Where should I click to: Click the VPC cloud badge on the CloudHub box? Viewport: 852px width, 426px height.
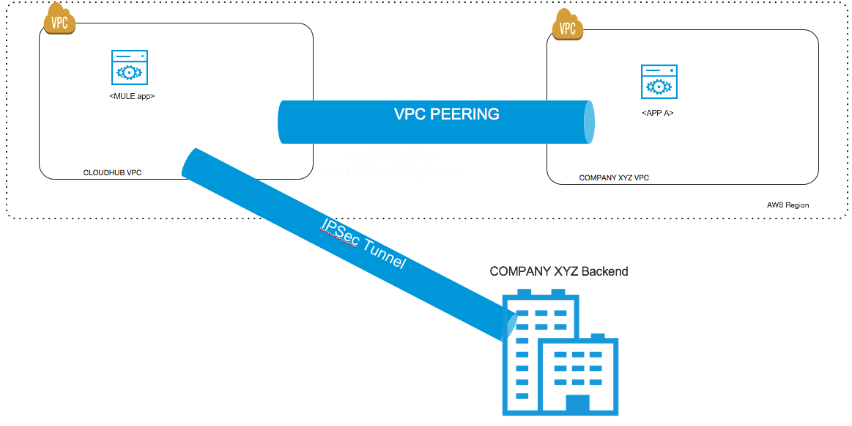point(59,21)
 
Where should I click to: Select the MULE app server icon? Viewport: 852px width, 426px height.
point(129,70)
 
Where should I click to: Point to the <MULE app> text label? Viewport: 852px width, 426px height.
point(131,96)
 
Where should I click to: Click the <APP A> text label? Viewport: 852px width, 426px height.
point(657,114)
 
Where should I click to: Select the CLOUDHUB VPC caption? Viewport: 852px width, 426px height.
point(112,173)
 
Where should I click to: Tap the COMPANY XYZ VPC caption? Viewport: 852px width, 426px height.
point(614,177)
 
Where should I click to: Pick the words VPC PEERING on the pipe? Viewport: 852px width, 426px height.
point(447,114)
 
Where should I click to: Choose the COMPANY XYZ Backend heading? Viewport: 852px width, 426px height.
point(559,271)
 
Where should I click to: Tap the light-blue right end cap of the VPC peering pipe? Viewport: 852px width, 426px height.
point(589,122)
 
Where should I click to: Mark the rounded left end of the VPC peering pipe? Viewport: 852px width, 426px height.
point(282,122)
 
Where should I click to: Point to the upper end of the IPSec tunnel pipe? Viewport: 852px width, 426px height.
point(192,163)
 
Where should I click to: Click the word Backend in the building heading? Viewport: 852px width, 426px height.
point(604,271)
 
